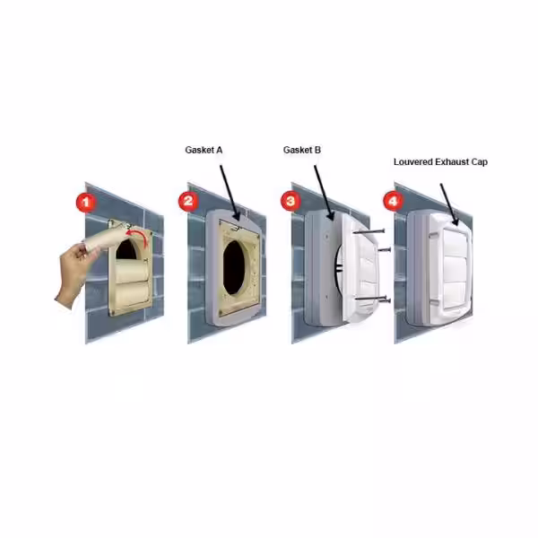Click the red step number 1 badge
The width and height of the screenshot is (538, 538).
pos(86,202)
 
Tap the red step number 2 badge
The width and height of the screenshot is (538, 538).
pos(188,201)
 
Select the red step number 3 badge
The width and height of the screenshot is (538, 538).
pos(291,200)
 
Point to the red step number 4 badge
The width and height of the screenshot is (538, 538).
pos(394,200)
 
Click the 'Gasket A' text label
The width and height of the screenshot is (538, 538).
pos(204,150)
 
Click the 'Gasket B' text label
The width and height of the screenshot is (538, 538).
pos(302,150)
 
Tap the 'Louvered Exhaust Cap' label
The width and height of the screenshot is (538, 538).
pos(440,162)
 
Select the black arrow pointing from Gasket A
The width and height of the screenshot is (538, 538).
pos(229,193)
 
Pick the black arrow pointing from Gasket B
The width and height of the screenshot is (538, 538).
pos(323,193)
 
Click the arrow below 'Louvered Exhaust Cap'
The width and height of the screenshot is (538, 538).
pos(449,204)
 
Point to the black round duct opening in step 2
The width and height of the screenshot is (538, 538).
pos(235,267)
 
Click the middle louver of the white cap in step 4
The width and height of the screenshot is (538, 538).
pos(455,271)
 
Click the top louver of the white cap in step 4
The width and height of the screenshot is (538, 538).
pos(455,243)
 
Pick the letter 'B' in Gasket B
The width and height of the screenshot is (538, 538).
pos(317,150)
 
